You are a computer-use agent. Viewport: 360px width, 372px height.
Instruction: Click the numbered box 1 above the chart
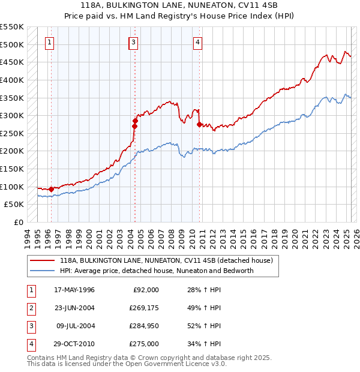(49, 42)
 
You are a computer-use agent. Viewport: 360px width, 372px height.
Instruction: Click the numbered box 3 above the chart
(133, 42)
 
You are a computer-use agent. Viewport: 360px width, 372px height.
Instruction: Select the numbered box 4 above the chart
(197, 42)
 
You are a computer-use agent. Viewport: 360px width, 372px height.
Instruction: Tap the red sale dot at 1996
(51, 190)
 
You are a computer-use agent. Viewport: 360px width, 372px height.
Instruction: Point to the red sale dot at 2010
(199, 124)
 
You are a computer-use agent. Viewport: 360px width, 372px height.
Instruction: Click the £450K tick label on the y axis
(12, 62)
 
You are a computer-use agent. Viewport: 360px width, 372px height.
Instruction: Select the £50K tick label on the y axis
(14, 205)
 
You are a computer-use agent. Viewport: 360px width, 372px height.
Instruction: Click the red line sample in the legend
(43, 261)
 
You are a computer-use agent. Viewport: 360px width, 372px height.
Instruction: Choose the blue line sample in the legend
(43, 271)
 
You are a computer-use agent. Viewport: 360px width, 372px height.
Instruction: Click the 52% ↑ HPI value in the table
(200, 326)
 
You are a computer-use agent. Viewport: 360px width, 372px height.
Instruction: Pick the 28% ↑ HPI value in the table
(200, 290)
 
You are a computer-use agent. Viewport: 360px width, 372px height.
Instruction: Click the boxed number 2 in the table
(30, 308)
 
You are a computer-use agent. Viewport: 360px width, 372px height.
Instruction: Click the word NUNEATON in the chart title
(166, 6)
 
